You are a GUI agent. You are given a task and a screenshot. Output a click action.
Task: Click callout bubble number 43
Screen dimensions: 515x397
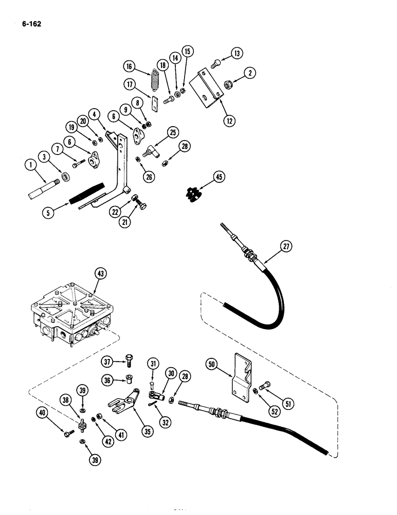(x=101, y=274)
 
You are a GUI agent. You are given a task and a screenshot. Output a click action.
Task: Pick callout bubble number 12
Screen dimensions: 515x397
(x=229, y=121)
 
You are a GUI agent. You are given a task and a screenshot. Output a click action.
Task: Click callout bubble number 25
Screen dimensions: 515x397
(x=172, y=133)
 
